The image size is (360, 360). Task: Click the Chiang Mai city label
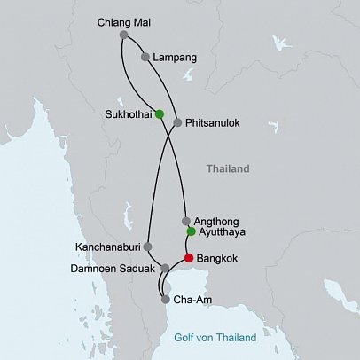tap(126, 21)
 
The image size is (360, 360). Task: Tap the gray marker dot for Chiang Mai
tap(123, 35)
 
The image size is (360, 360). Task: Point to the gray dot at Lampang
tap(145, 57)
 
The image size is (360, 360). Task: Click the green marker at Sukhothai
tap(160, 113)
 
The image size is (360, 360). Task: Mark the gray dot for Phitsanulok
tap(178, 123)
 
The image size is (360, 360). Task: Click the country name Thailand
tap(228, 168)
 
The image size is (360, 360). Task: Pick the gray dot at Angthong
tap(185, 221)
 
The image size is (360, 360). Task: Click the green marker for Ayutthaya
tap(191, 232)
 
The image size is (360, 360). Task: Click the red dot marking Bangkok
tap(187, 258)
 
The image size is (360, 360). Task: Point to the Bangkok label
tap(218, 259)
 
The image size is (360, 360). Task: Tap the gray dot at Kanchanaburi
tap(147, 247)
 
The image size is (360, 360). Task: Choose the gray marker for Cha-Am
tap(166, 300)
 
